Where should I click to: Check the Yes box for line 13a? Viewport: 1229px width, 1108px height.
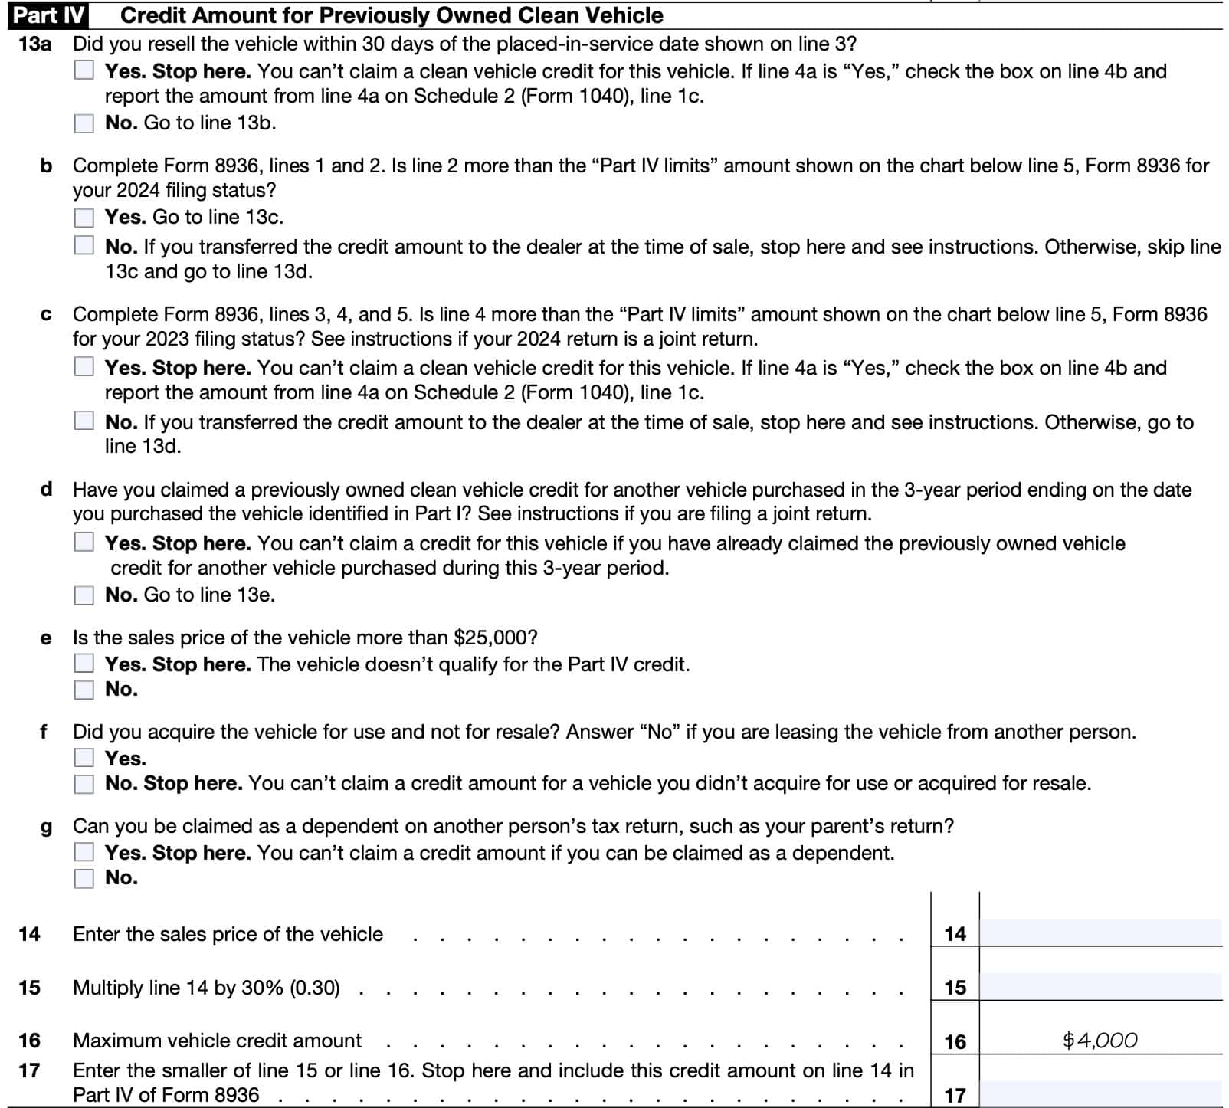click(x=84, y=70)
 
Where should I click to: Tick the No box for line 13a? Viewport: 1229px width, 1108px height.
click(x=84, y=123)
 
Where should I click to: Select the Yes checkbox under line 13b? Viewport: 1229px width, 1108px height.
click(x=84, y=218)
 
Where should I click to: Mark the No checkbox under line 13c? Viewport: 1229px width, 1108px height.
click(x=84, y=421)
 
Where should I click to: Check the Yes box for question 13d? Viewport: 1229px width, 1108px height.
click(x=84, y=543)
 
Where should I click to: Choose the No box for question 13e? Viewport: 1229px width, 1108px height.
click(x=84, y=690)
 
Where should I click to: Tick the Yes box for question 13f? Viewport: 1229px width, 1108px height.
click(x=84, y=758)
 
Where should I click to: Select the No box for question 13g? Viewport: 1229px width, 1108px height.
click(x=84, y=878)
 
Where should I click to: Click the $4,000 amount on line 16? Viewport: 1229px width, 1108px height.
click(x=1100, y=1041)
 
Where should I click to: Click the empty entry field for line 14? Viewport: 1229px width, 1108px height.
click(x=1100, y=933)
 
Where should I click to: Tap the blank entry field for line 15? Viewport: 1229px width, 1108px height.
click(x=1100, y=987)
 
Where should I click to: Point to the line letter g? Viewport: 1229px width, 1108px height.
click(x=46, y=827)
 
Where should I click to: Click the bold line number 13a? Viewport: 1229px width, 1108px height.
click(x=34, y=44)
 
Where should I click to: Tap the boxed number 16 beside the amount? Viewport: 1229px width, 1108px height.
click(x=955, y=1041)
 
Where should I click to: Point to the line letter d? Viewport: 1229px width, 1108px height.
click(x=46, y=489)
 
